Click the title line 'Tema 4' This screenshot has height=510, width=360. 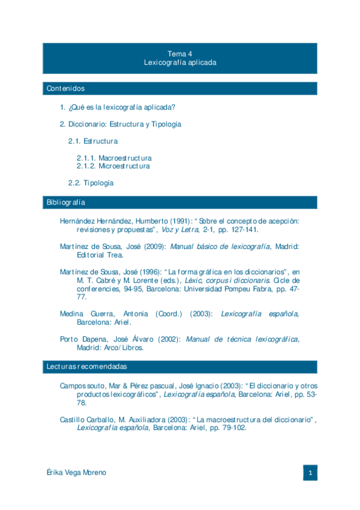pos(180,53)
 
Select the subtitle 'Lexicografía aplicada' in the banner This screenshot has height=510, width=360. pos(180,62)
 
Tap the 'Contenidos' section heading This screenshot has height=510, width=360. pos(66,88)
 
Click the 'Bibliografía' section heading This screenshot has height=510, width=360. pos(66,202)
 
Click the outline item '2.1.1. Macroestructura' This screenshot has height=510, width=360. pos(114,158)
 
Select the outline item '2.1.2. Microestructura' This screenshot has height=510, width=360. pos(113,166)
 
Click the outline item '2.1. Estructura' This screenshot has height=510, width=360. pos(93,141)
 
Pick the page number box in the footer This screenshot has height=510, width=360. pos(310,473)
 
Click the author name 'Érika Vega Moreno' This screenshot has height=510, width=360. pos(76,473)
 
